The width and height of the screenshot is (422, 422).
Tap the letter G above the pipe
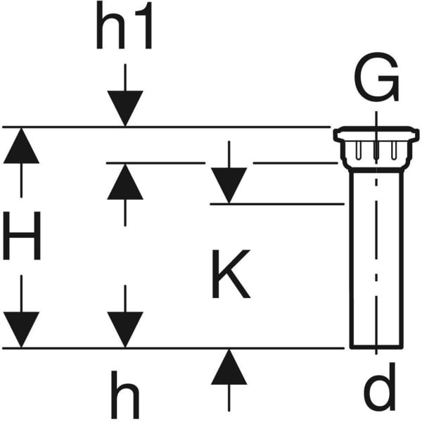376,80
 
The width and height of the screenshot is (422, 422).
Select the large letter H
22,236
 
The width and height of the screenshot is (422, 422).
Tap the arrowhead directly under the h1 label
125,109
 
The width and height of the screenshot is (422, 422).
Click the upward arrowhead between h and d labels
229,367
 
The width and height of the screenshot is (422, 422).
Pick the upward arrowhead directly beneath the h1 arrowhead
125,182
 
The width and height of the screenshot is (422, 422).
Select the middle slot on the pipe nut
376,150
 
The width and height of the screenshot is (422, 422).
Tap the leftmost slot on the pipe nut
359,150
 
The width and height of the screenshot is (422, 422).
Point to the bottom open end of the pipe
376,346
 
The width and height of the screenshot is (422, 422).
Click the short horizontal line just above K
277,204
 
